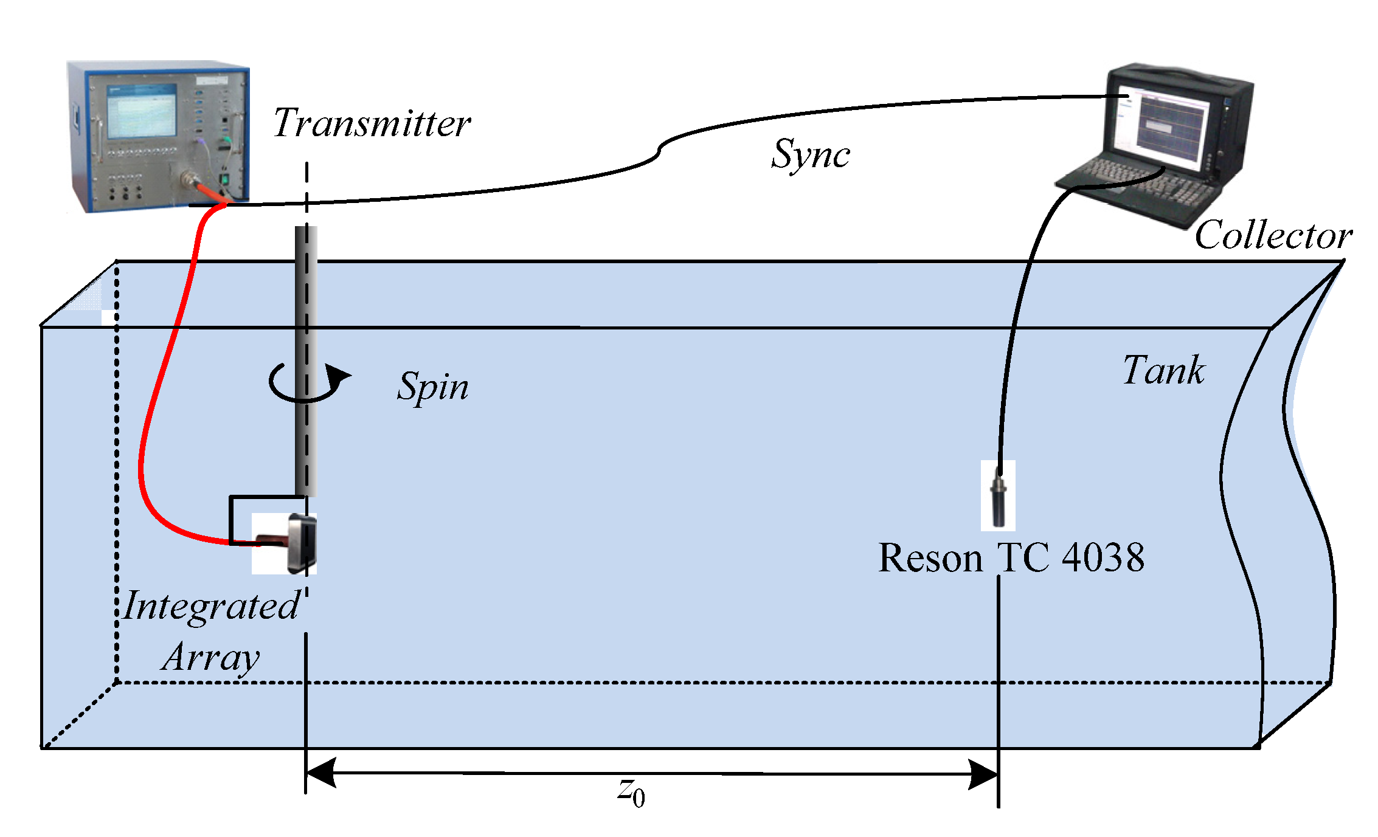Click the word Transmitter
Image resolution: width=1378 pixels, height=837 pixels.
(x=372, y=123)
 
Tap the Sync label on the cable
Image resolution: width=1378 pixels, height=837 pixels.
(x=810, y=154)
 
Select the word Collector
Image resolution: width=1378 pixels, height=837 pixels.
(x=1273, y=236)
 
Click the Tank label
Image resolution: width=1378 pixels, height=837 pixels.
(x=1163, y=370)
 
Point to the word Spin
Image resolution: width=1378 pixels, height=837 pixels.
(x=433, y=387)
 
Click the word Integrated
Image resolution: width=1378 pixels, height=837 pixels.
(x=211, y=607)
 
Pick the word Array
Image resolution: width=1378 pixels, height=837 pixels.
(x=211, y=658)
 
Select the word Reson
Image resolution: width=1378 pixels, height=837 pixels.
(x=930, y=558)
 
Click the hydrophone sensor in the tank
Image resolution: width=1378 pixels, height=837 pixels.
(x=998, y=498)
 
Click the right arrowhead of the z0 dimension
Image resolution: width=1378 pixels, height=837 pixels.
(x=983, y=774)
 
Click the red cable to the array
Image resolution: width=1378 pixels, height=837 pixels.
(x=159, y=377)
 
